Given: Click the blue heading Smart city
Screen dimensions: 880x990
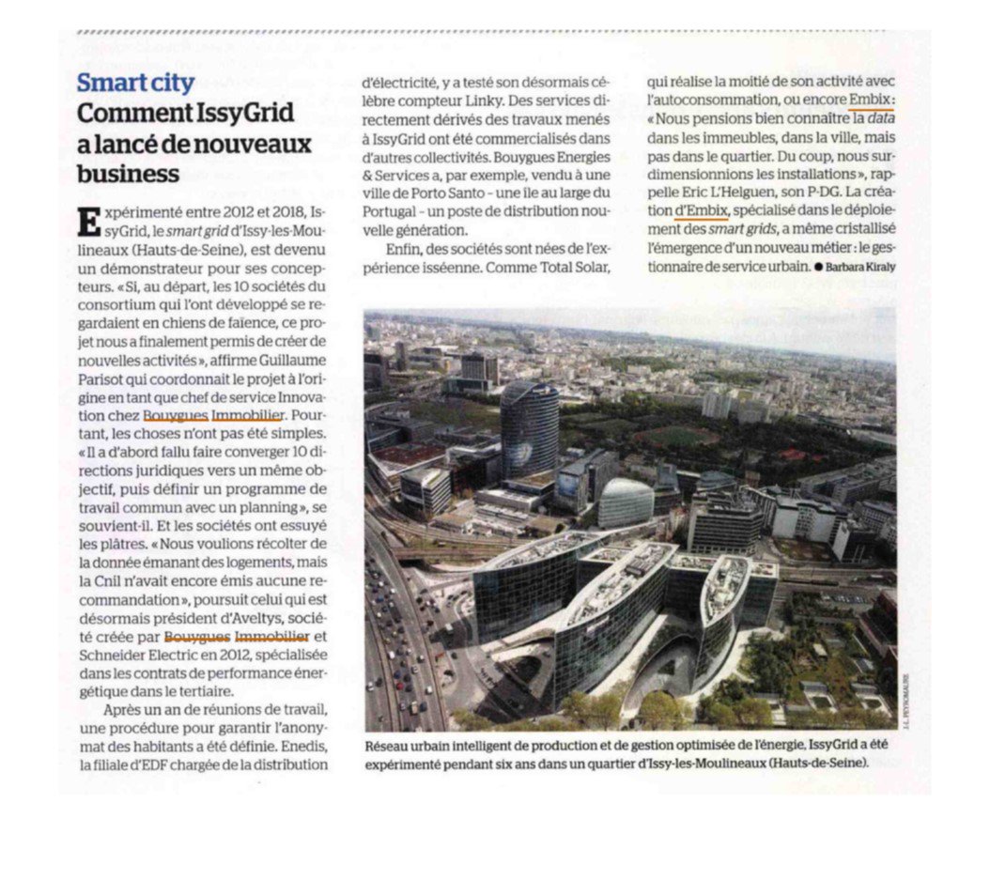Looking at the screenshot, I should tap(135, 83).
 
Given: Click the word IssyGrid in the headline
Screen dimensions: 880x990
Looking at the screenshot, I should tap(246, 114).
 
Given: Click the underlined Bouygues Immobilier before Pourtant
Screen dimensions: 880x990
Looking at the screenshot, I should tap(213, 414).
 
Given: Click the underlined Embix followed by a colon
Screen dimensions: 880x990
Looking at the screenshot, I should tap(870, 100).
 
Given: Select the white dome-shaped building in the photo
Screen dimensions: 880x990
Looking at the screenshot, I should tap(626, 502).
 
